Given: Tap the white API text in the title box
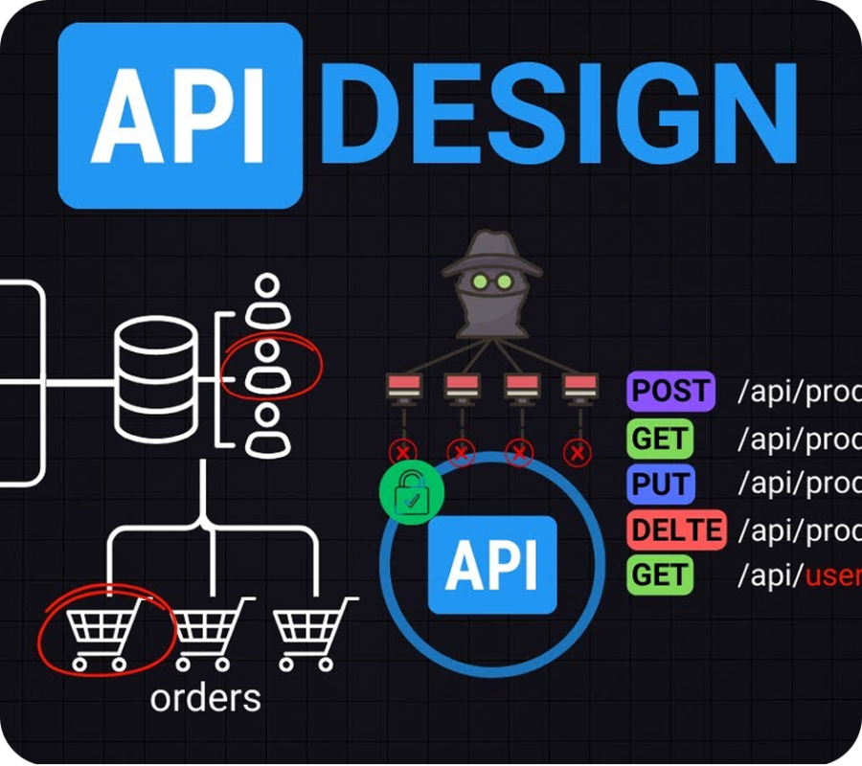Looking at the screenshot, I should [x=181, y=114].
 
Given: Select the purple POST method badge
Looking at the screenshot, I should [x=670, y=391].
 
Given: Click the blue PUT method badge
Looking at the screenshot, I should [x=660, y=484].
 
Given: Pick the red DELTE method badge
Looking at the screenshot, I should [x=675, y=529].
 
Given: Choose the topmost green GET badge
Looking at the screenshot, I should [x=660, y=439].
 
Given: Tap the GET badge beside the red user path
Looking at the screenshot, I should [x=660, y=575].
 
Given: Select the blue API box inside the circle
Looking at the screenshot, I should [x=491, y=565].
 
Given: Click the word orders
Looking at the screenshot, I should [x=205, y=697].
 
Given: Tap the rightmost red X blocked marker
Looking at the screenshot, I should [x=577, y=452].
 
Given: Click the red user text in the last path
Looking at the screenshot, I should [x=832, y=575].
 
